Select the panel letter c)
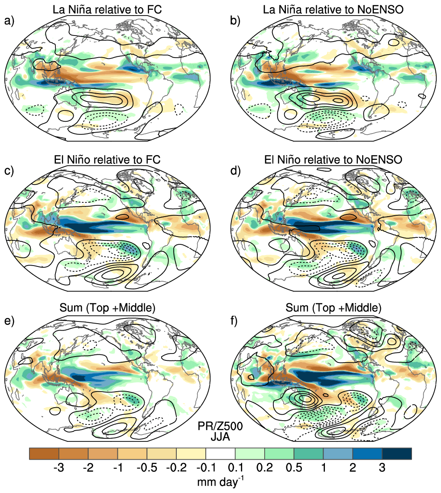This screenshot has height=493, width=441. pos(10,171)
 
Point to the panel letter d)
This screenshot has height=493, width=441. pos(235,171)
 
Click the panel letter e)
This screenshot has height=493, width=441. pos(10,321)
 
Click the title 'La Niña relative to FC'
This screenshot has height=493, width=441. pos(107,10)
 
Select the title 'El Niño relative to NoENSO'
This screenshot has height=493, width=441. pos(333,159)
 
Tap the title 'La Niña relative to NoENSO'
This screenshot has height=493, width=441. pos(333,10)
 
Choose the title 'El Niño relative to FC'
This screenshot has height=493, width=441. pos(107,159)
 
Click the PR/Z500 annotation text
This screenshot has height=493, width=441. pos(220,426)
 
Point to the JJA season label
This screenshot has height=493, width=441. pos(220,437)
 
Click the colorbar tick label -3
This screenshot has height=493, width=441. pos(59,468)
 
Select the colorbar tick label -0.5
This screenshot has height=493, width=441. pos(147,468)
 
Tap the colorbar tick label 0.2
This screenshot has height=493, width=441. pos(265,468)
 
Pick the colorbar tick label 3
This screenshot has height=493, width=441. pos(382,468)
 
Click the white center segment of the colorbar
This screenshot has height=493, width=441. pos(220,454)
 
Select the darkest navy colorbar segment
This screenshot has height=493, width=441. pos(397,454)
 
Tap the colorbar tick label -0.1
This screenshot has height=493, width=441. pos(206,468)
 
